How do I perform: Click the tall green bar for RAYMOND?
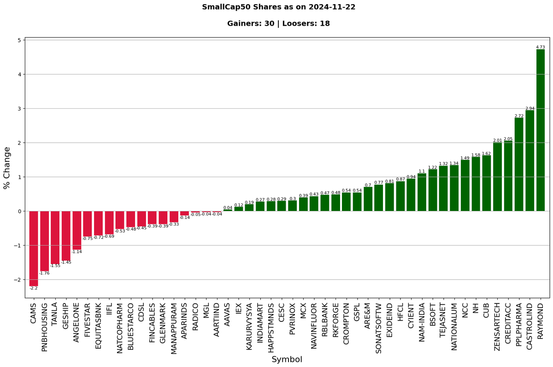pyautogui.click(x=541, y=130)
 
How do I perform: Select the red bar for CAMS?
pyautogui.click(x=34, y=249)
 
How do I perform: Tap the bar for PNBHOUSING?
pyautogui.click(x=44, y=241)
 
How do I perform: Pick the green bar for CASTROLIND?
pyautogui.click(x=530, y=161)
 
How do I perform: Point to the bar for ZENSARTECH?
pyautogui.click(x=497, y=177)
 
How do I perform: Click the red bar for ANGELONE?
pyautogui.click(x=77, y=230)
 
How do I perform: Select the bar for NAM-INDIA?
pyautogui.click(x=422, y=192)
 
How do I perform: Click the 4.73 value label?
pyautogui.click(x=541, y=47)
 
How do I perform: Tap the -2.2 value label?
pyautogui.click(x=34, y=288)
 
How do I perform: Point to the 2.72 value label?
pyautogui.click(x=519, y=116)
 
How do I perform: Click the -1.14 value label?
pyautogui.click(x=77, y=252)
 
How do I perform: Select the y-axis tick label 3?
pyautogui.click(x=20, y=109)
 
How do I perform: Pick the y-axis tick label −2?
pyautogui.click(x=18, y=280)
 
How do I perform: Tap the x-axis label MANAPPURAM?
pyautogui.click(x=174, y=328)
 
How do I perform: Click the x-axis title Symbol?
pyautogui.click(x=287, y=359)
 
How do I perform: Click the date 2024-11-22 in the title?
pyautogui.click(x=332, y=7)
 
